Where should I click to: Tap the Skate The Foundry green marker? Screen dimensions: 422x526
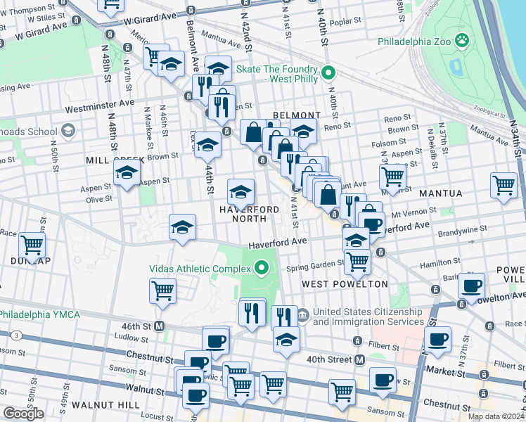coord(327,72)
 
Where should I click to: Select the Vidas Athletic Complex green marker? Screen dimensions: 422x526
coord(262,268)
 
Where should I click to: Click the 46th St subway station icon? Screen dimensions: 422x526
coord(160,326)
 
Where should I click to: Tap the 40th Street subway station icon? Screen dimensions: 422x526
coord(359,360)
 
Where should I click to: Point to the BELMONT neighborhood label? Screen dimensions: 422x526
coord(296,115)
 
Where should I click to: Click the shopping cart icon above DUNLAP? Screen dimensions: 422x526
coord(32,245)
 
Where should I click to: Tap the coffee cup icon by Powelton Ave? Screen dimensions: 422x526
coord(473,286)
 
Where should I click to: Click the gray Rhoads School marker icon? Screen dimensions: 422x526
coord(68,131)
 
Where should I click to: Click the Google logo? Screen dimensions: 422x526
coord(23,414)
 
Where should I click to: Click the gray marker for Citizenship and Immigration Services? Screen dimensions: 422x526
coord(302,314)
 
